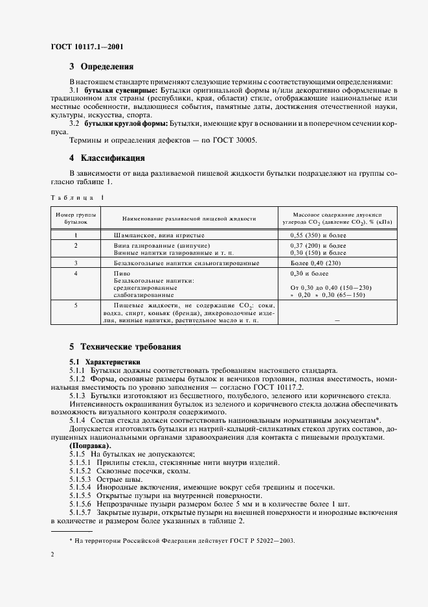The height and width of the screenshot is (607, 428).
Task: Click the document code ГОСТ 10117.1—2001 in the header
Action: point(87,47)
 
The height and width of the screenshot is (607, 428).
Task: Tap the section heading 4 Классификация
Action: point(107,158)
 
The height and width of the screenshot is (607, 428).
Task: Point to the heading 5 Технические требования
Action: point(125,347)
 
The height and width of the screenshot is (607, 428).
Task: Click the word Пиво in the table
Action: point(122,274)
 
